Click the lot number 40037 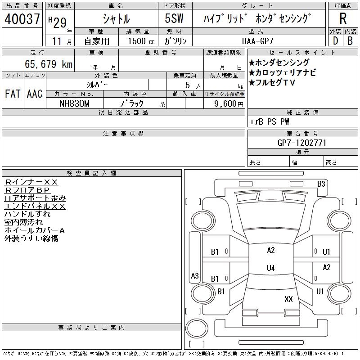(x=22, y=19)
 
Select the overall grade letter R (x=343, y=19)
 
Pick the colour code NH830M (x=75, y=103)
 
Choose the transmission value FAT (x=12, y=94)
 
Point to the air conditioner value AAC (x=34, y=94)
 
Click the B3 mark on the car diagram (x=321, y=184)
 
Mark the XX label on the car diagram (x=288, y=299)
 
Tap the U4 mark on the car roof (x=270, y=268)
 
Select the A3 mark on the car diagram (x=195, y=275)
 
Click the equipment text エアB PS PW (x=270, y=121)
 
